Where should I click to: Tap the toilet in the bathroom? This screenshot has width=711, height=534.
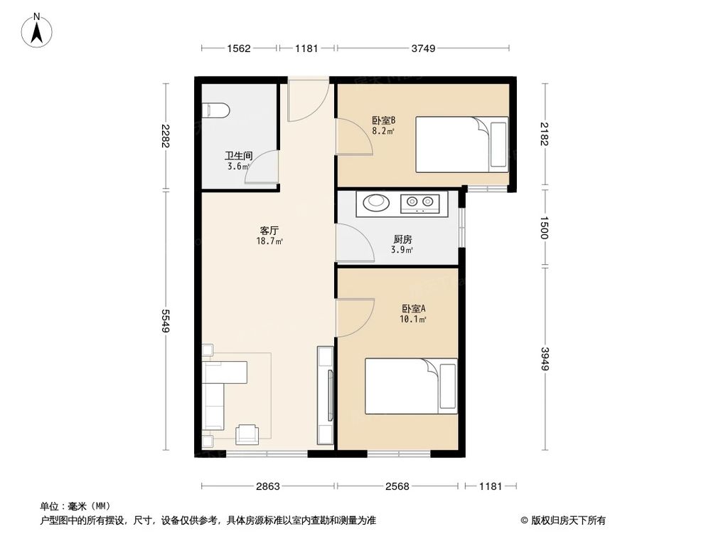215,109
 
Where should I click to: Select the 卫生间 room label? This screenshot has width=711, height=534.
239,156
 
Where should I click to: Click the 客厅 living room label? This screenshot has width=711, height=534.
268,231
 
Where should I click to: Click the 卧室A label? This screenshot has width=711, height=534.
413,309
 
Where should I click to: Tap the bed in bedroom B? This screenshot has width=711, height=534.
461,145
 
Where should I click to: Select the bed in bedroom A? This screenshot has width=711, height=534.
410,386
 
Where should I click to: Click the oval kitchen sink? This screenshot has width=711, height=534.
377,203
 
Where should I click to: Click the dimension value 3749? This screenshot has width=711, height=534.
423,48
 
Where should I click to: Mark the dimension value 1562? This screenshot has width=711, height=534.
239,48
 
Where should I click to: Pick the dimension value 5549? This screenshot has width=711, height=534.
166,322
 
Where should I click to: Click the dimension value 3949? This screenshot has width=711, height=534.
545,357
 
